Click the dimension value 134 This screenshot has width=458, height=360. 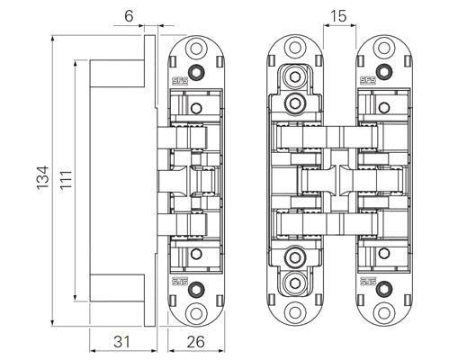tap(42, 177)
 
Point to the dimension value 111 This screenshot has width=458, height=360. tap(66, 180)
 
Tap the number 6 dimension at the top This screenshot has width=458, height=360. tap(129, 16)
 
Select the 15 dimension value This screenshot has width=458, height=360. tap(338, 16)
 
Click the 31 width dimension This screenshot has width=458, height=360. tap(121, 342)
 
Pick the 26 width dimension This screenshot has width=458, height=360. tap(196, 342)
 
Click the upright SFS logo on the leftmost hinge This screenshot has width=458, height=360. tap(180, 80)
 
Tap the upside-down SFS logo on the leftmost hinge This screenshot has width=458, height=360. tap(180, 282)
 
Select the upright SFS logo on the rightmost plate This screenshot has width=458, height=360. tap(368, 80)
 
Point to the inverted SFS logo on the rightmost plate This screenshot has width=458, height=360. tap(368, 282)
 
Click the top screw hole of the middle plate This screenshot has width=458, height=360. tap(295, 48)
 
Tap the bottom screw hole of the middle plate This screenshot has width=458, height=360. tap(295, 314)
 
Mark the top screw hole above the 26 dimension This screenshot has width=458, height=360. tap(196, 49)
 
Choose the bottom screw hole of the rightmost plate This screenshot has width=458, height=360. tap(384, 313)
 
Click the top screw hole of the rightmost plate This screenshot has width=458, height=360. tap(384, 48)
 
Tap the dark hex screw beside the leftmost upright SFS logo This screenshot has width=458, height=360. tap(196, 72)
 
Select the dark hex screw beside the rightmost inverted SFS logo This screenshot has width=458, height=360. tap(384, 289)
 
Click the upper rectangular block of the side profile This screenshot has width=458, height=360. tap(117, 74)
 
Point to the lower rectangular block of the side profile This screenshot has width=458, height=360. tap(117, 288)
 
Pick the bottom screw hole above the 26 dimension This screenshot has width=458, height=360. tap(196, 314)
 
